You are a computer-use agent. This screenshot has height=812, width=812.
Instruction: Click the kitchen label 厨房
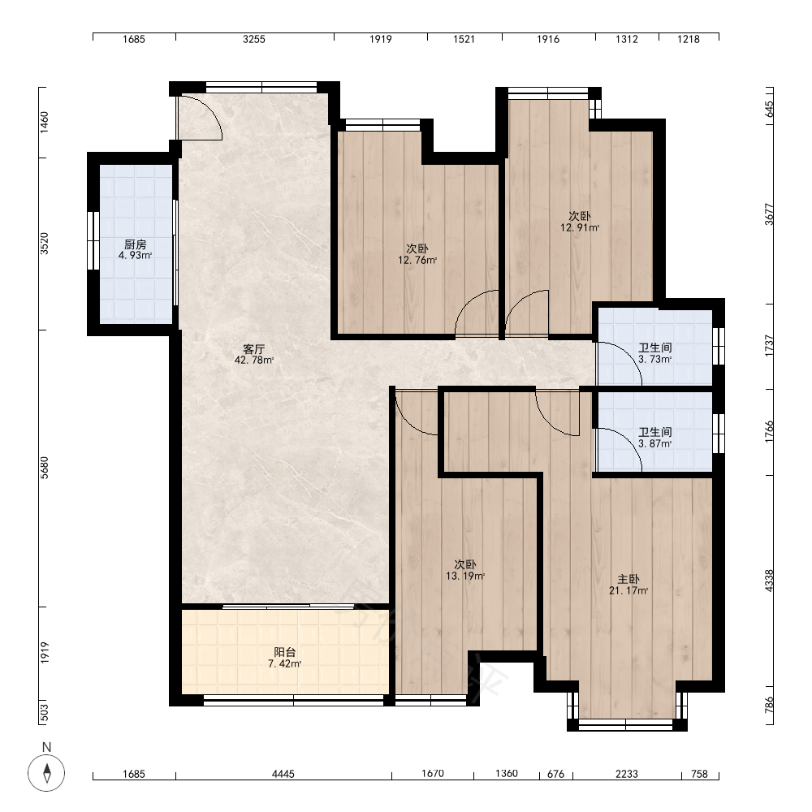pos(135,244)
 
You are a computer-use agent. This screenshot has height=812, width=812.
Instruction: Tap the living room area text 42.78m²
pos(253,360)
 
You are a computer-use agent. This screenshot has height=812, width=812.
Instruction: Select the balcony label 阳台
pos(285,653)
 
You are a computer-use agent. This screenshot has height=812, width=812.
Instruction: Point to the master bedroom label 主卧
pos(628,579)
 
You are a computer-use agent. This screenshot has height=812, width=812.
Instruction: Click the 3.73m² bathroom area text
pos(655,360)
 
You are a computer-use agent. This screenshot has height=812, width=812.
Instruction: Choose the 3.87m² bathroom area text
pos(655,444)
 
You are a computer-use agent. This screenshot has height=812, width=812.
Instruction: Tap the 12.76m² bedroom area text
pos(417,260)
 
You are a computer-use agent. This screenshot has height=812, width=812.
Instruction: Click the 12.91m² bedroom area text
pos(580,227)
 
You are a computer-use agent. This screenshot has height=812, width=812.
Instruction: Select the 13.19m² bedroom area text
pos(465,576)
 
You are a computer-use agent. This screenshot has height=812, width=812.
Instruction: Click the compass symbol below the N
pos(46,773)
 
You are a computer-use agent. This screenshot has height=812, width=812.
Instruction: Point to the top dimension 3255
pos(254,39)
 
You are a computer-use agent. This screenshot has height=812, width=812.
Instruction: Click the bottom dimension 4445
pos(283,774)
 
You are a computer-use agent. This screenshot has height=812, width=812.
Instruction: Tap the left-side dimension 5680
pos(45,468)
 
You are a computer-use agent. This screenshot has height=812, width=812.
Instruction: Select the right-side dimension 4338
pos(769,581)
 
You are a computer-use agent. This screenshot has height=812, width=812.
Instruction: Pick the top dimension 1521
pos(464,39)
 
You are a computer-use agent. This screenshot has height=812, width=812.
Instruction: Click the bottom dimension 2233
pos(627,774)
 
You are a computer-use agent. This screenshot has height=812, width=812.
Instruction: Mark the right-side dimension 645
pos(769,109)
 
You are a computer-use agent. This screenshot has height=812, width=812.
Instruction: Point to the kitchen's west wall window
pos(93,240)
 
